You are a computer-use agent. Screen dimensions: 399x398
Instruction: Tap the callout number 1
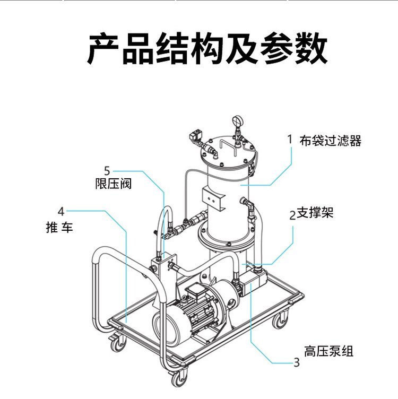[290, 140]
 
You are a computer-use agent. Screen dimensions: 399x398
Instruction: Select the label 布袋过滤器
[331, 141]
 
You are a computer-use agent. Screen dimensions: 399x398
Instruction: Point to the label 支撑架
[315, 213]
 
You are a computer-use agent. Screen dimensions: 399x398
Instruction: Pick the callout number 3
[297, 362]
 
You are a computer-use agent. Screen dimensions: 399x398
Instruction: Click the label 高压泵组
[328, 351]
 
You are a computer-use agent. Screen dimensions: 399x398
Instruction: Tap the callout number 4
[61, 210]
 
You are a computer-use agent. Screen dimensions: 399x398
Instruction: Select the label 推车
[59, 228]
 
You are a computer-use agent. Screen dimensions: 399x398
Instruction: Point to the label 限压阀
[113, 184]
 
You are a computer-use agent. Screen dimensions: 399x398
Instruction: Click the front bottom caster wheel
[179, 378]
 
